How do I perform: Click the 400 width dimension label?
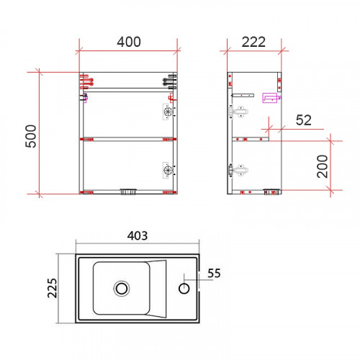click(x=128, y=42)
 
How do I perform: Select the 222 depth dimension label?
click(x=253, y=42)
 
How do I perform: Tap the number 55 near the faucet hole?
click(x=215, y=274)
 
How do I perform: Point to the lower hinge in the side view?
click(x=239, y=170)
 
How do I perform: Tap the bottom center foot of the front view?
click(x=128, y=192)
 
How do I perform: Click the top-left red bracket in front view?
click(x=84, y=80)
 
